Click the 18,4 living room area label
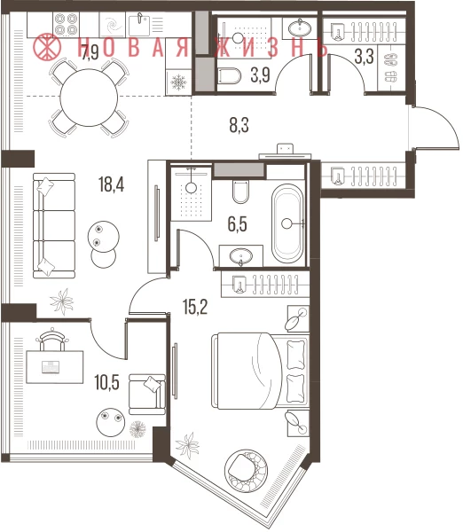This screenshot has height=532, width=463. (112, 185)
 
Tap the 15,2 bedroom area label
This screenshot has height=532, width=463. (195, 307)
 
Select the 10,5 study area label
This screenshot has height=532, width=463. (107, 382)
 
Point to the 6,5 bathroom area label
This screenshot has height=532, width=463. (238, 224)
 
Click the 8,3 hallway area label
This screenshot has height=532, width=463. (239, 125)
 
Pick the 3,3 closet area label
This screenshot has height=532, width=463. (365, 57)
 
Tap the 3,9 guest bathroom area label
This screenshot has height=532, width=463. (261, 75)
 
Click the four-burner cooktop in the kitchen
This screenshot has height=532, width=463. (66, 25)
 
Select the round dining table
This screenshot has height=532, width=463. (89, 98)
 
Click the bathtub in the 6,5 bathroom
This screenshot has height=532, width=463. (287, 223)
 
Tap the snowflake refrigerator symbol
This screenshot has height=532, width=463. (178, 82)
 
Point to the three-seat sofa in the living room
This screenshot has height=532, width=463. (54, 225)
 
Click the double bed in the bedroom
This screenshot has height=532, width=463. (261, 371)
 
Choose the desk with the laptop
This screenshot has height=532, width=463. (55, 367)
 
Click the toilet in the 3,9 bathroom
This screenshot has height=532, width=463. (229, 75)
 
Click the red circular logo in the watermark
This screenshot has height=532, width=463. (48, 47)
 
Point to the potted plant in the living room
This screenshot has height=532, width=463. (62, 301)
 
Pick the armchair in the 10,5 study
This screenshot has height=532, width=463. (147, 394)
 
